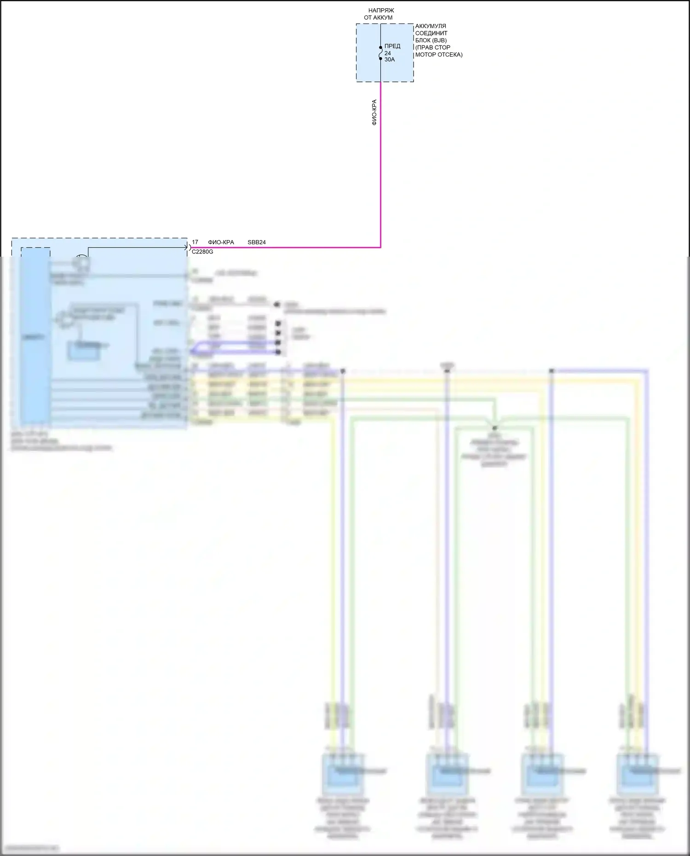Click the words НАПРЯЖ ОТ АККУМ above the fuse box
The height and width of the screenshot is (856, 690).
point(380,14)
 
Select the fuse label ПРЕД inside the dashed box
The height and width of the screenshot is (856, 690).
point(392,46)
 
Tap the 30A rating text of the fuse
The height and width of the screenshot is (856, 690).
point(390,59)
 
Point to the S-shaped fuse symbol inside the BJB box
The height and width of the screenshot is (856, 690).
point(381,53)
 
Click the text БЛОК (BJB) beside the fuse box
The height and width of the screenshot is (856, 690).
point(431,40)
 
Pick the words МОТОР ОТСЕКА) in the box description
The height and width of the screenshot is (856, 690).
point(439,55)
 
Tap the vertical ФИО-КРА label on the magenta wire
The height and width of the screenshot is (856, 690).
point(374,112)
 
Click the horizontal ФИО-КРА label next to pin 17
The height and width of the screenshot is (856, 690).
point(221,242)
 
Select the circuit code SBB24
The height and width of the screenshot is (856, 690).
point(257,242)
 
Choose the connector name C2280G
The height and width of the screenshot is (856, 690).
point(202,252)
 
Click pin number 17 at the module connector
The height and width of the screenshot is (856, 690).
point(195,242)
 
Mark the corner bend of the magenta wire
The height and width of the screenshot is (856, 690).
point(380,247)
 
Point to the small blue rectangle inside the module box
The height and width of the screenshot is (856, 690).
point(84,350)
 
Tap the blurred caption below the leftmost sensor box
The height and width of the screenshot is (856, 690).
point(343,819)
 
